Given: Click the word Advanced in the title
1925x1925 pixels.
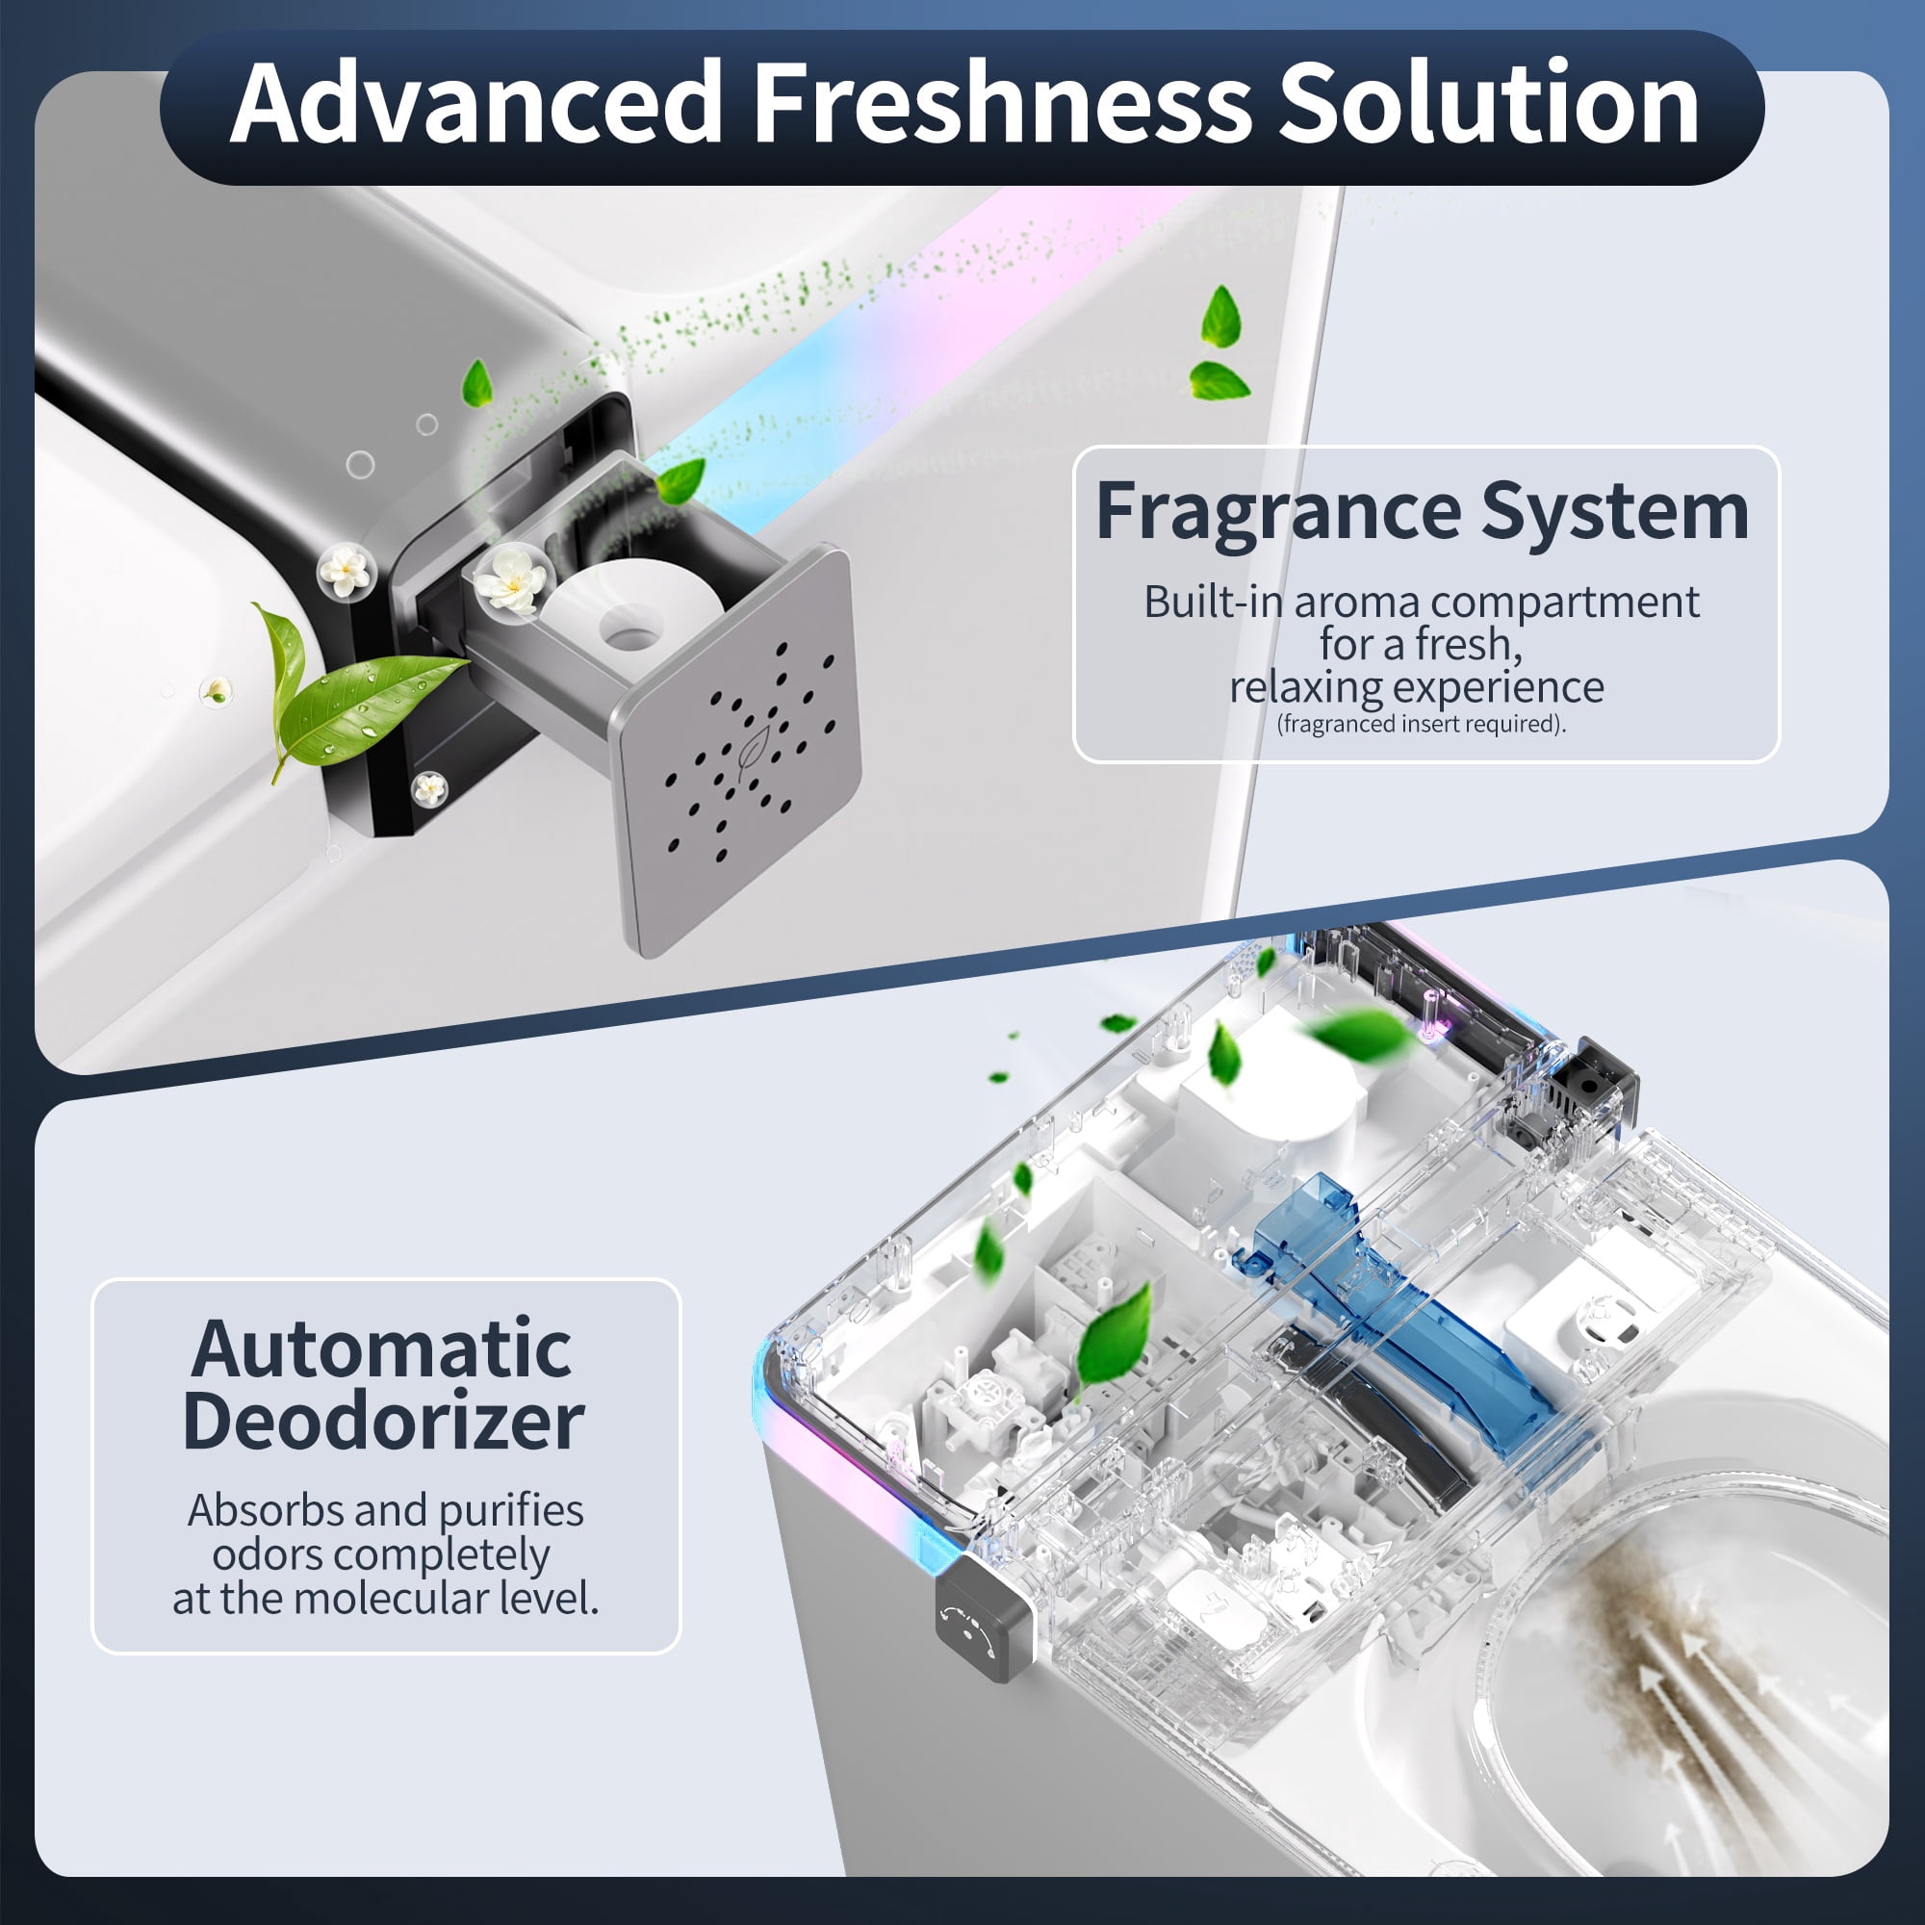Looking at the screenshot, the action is click(x=476, y=102).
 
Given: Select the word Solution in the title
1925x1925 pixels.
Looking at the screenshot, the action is click(x=1489, y=102).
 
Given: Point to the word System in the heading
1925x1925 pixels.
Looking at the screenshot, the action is click(x=1614, y=513).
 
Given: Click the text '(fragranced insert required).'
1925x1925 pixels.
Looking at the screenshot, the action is click(x=1421, y=724).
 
